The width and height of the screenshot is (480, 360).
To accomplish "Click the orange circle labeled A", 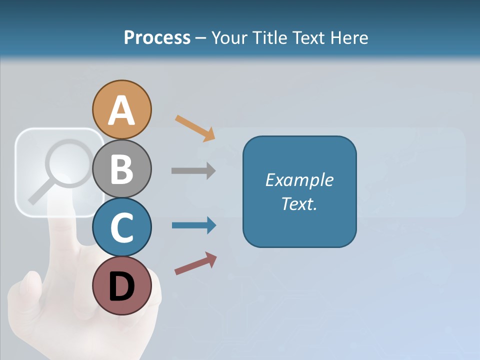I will tap(121, 109).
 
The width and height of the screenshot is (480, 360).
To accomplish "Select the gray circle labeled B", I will tap(121, 168).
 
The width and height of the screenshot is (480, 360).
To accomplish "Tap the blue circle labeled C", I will tap(121, 227).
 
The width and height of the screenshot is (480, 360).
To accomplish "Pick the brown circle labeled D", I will tap(121, 286).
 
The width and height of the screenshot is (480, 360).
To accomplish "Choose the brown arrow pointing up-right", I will tap(195, 263).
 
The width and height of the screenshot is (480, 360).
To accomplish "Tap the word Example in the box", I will tap(299, 180).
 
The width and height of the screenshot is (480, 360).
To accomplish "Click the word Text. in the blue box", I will tap(299, 204).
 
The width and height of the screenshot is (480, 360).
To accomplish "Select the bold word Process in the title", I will tap(157, 37).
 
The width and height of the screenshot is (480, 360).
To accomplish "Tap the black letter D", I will tap(121, 287).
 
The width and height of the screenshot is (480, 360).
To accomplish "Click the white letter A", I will tap(121, 110).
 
